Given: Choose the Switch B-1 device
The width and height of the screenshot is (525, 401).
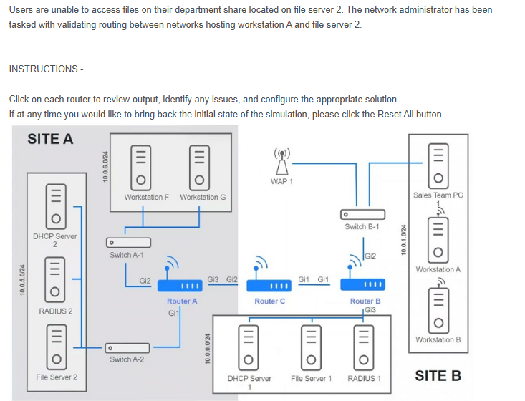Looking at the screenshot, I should click(362, 214).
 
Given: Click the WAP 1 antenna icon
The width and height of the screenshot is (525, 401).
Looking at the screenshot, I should click(280, 161).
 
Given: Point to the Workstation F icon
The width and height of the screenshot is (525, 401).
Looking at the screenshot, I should click(141, 166).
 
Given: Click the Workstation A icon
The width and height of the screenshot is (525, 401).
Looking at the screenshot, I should click(437, 241).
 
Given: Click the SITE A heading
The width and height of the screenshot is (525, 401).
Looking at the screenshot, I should click(50, 139).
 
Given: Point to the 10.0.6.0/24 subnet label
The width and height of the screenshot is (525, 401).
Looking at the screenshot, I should click(105, 167).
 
